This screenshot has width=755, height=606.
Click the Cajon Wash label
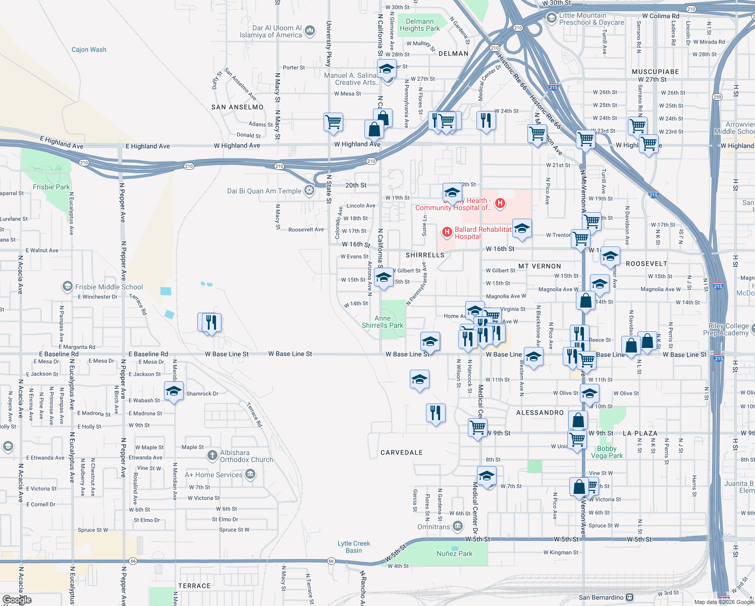(x=89, y=49)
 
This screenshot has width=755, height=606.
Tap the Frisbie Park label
(x=51, y=187)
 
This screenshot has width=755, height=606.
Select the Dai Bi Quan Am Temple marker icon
(x=309, y=190)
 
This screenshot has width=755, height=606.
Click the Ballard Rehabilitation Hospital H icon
(x=447, y=232)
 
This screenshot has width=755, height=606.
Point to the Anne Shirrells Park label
(x=383, y=322)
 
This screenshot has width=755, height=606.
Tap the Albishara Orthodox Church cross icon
(x=212, y=456)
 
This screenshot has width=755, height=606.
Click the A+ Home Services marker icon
(x=250, y=474)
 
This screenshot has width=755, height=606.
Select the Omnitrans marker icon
(x=458, y=527)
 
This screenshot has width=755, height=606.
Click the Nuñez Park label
(x=454, y=553)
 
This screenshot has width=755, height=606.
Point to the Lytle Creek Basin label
(x=354, y=547)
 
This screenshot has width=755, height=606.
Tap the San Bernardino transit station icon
(x=629, y=597)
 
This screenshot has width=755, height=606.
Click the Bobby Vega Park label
(x=607, y=452)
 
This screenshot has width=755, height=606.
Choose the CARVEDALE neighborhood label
(x=401, y=452)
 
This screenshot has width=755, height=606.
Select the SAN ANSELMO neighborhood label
(x=237, y=107)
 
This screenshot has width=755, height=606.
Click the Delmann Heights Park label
(x=419, y=25)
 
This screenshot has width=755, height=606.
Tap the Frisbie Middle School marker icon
(x=67, y=287)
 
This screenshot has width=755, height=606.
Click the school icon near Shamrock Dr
(x=174, y=391)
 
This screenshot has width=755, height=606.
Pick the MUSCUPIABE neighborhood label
(x=655, y=72)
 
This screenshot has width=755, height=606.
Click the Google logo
(x=17, y=600)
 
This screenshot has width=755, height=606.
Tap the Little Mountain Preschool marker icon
(x=552, y=18)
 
